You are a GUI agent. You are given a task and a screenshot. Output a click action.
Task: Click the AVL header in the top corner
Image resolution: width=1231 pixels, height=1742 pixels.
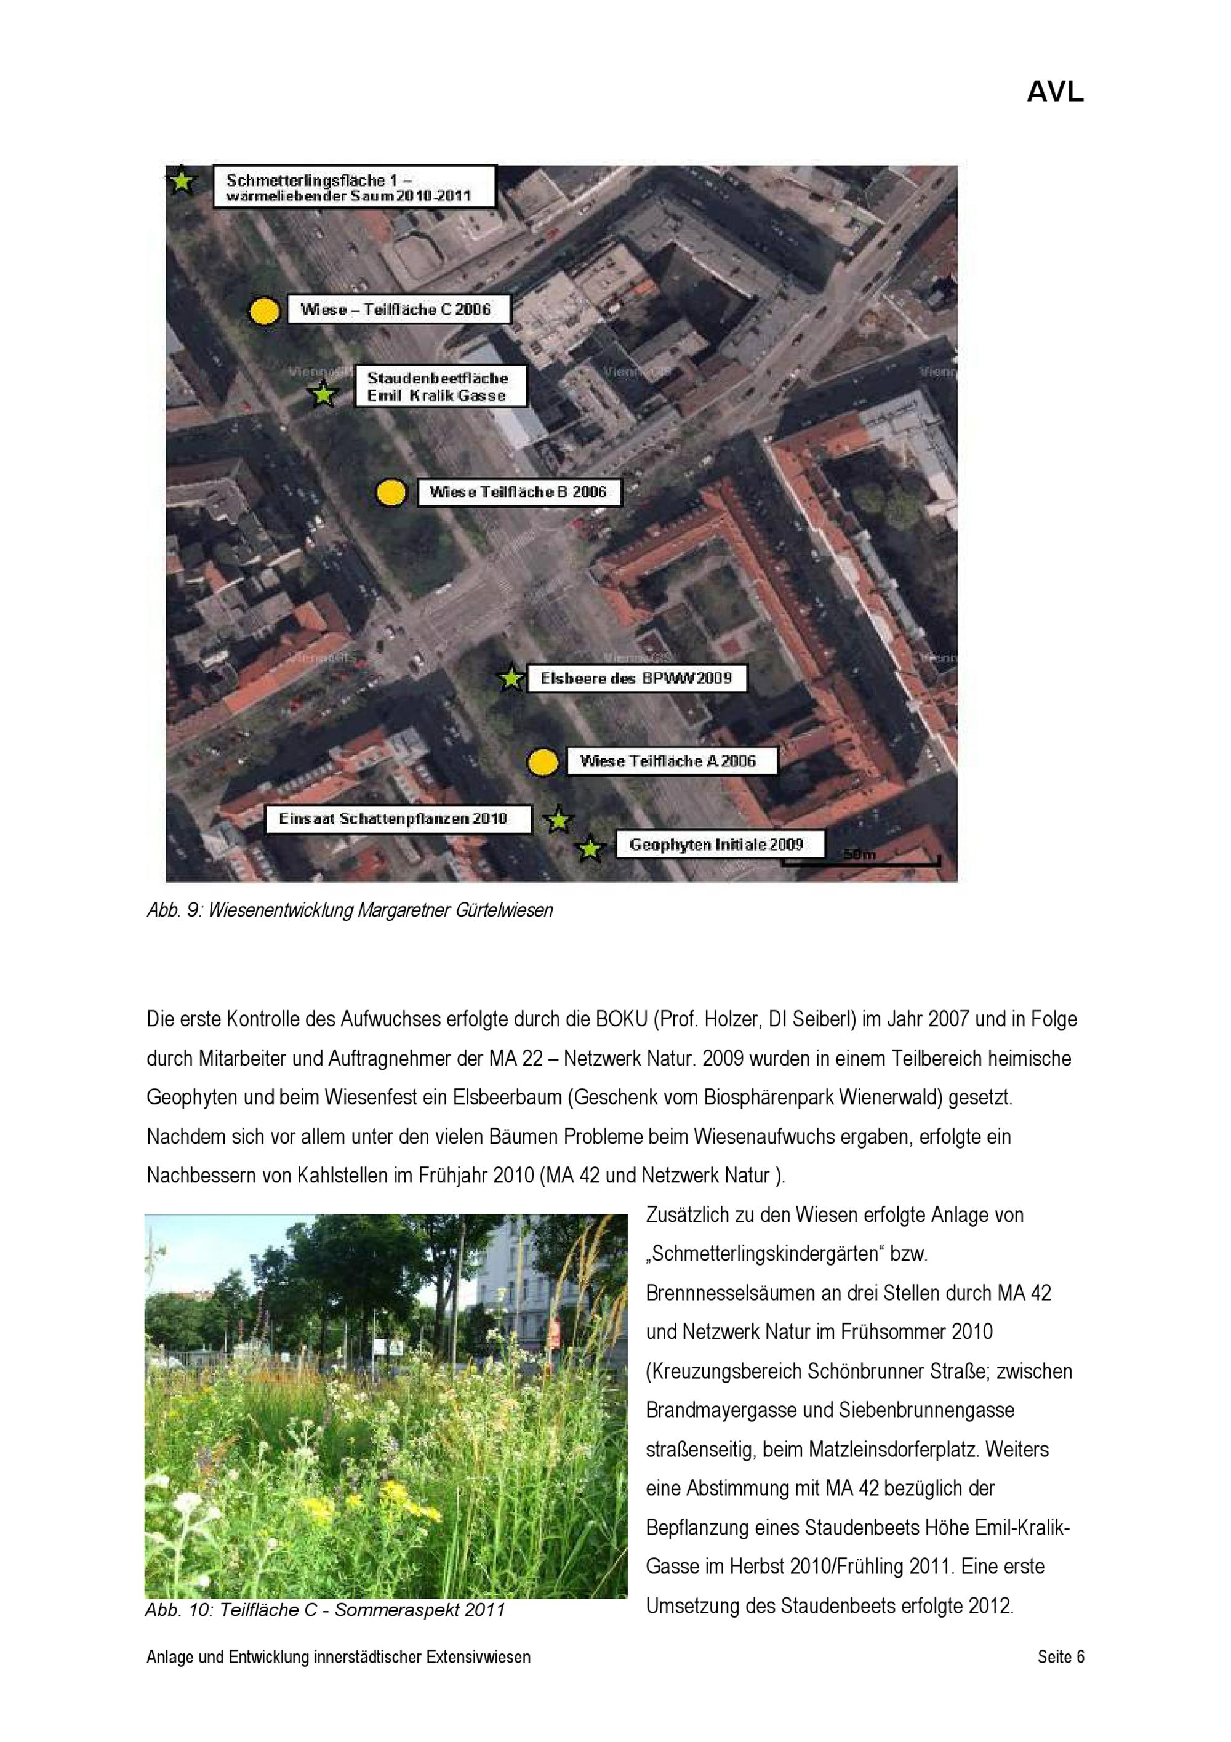pos(1054,92)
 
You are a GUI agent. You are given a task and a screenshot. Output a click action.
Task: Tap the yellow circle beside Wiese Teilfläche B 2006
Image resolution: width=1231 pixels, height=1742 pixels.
pos(391,492)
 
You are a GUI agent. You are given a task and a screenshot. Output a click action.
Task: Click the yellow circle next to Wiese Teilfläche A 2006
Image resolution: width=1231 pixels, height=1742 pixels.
pos(542,762)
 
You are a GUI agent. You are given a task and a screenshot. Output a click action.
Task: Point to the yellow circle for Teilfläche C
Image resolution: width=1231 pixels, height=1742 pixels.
pos(265,311)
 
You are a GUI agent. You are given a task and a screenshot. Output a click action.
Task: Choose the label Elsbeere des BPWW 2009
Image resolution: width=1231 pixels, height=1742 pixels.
pos(636,678)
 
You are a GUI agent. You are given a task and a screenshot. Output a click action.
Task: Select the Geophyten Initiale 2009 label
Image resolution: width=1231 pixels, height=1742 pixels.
pos(717,845)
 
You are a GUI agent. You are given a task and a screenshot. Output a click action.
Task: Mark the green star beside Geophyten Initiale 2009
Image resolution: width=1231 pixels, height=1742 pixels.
pos(590,849)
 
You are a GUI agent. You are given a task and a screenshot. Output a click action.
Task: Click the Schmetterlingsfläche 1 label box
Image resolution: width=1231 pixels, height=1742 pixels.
pos(353,187)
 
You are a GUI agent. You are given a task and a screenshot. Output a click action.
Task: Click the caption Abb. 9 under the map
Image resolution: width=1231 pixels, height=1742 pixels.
pos(350,910)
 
